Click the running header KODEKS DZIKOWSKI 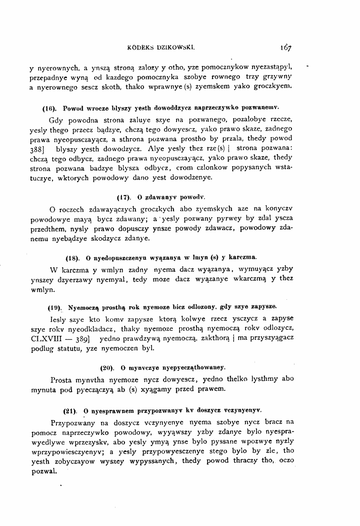(x=161, y=49)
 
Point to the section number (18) (x=73, y=258)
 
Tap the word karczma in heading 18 (x=244, y=258)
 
